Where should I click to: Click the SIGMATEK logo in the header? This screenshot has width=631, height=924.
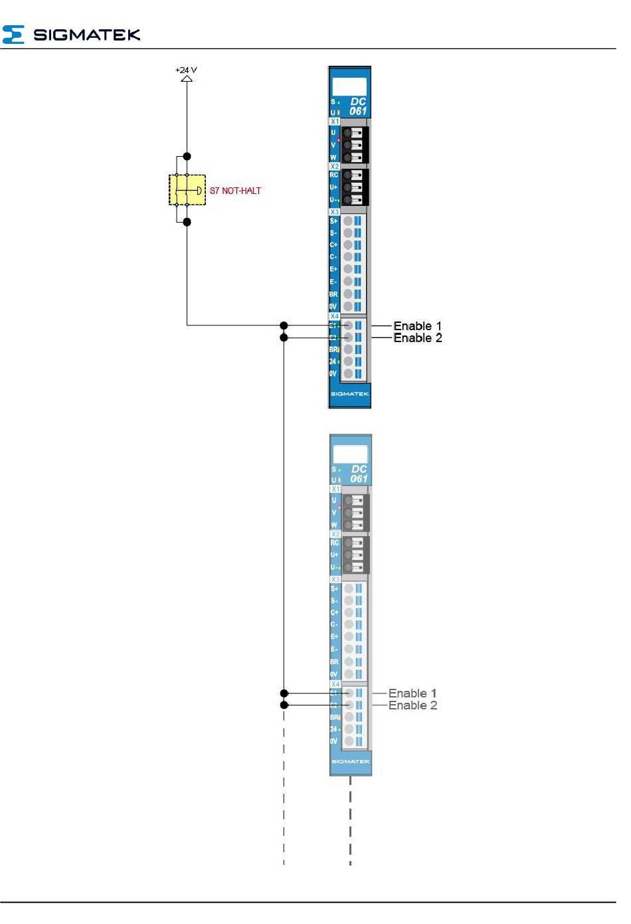[x=71, y=35]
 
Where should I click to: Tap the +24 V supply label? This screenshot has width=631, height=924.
[x=186, y=70]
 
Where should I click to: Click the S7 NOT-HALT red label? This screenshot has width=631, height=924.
[x=235, y=191]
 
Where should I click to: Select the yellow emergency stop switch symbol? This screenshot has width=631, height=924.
[x=187, y=190]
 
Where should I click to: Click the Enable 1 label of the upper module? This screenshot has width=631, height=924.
[x=417, y=325]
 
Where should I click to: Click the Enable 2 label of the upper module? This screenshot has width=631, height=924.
[x=417, y=338]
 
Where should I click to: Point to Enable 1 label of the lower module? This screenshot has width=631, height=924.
[x=412, y=693]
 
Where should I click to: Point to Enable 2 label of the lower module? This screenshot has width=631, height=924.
[x=412, y=705]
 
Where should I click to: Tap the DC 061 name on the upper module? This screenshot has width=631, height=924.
[x=358, y=106]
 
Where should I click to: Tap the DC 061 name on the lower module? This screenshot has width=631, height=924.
[x=359, y=474]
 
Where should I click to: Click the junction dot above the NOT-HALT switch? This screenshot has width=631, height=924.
[x=187, y=156]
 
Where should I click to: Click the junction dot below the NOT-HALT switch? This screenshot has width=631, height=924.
[x=187, y=222]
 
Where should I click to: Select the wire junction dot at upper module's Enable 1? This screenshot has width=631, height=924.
[x=284, y=325]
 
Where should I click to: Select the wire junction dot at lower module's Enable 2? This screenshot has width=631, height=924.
[x=284, y=705]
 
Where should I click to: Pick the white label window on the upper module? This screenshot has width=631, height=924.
[x=349, y=86]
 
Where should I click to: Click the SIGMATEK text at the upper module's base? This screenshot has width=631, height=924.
[x=349, y=394]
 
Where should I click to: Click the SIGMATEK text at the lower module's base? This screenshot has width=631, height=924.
[x=350, y=761]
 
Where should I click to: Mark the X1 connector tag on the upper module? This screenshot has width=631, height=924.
[x=334, y=122]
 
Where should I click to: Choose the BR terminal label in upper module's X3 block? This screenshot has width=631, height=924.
[x=333, y=294]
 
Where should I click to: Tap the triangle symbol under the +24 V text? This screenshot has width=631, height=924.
[x=187, y=78]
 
